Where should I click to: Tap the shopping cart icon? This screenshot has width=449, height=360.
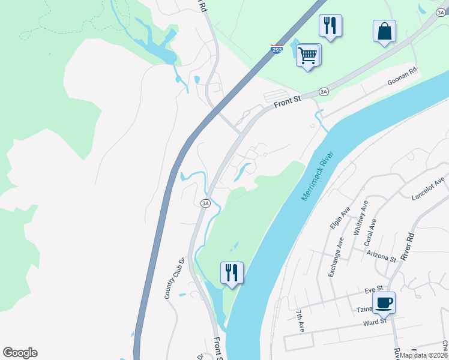[x=308, y=56]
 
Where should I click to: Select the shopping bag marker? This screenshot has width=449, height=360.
[x=384, y=32]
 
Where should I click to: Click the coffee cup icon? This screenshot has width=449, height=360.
[x=384, y=303]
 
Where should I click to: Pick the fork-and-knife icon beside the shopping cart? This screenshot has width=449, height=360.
[x=330, y=26]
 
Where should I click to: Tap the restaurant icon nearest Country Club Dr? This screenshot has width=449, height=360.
[x=232, y=273]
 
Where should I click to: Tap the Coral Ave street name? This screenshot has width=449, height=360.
[x=372, y=233]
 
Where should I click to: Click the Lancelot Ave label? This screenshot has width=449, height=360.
[x=427, y=188]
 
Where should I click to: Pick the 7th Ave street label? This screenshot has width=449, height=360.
[x=301, y=322]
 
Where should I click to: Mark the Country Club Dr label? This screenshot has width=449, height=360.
[x=174, y=278]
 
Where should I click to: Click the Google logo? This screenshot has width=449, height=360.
[x=20, y=353]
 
